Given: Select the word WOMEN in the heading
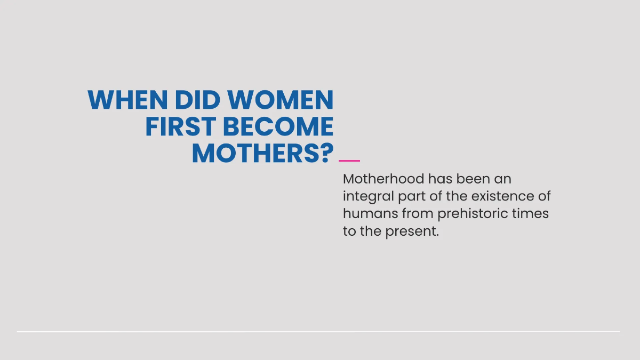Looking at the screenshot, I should (x=281, y=100).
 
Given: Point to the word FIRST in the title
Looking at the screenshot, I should (x=180, y=127).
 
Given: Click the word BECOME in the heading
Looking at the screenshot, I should (x=278, y=127).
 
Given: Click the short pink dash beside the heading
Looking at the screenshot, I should (x=349, y=160).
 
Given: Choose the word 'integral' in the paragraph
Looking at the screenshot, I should (x=368, y=196).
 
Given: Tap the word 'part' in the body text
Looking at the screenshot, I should (x=412, y=197).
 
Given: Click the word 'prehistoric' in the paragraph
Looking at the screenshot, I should (x=475, y=214).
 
